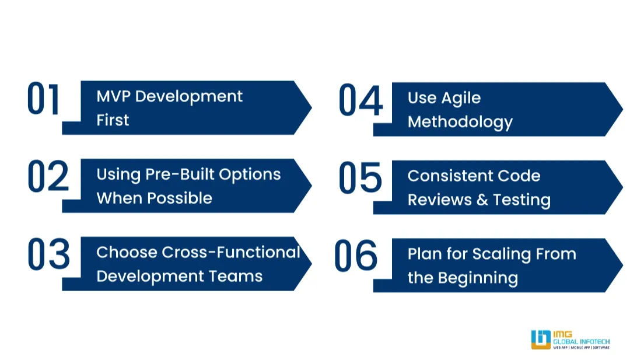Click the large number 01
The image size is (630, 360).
tap(44, 99)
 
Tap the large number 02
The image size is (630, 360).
tap(48, 176)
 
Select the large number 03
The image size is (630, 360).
tap(48, 254)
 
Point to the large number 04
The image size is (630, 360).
tap(360, 100)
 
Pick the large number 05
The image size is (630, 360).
tap(360, 178)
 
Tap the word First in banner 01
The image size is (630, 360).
tap(113, 120)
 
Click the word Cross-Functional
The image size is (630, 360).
tap(231, 252)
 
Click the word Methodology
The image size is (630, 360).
tap(460, 122)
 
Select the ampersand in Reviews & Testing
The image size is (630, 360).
tap(482, 200)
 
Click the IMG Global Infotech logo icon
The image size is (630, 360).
tap(541, 340)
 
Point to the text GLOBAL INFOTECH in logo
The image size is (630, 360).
tap(581, 341)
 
